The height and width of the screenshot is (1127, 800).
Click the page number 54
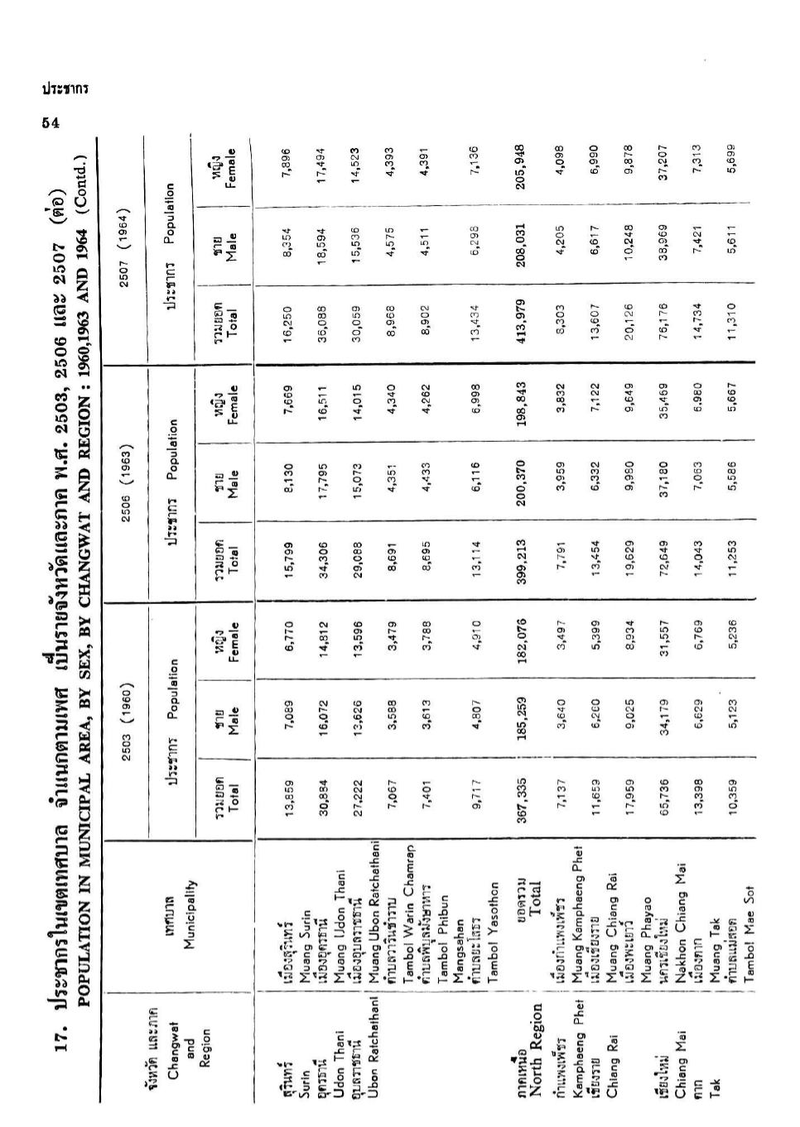coord(51,122)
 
